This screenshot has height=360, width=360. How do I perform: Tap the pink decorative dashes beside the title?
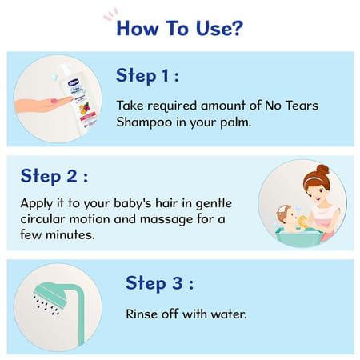pos(110,14)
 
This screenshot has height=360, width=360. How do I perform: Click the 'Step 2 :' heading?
pos(54,176)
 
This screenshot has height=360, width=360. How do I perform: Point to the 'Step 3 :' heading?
pos(159,283)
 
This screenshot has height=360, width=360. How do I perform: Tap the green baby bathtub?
pos(296,236)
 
